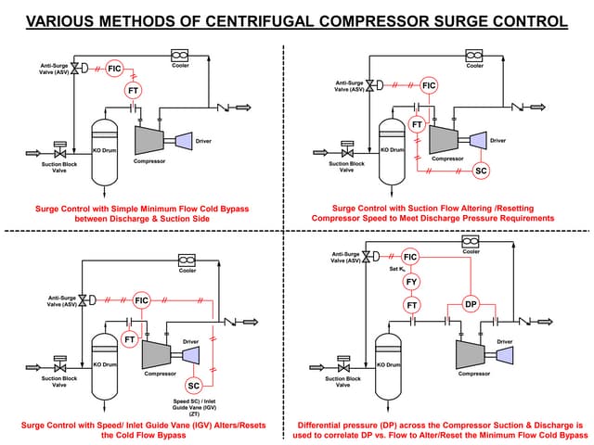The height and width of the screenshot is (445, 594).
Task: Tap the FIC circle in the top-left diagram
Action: (x=115, y=69)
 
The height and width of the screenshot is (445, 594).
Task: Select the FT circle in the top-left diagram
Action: (x=134, y=90)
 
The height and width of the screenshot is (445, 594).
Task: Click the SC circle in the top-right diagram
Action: (x=481, y=171)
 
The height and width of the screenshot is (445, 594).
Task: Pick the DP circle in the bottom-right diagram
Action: (x=471, y=304)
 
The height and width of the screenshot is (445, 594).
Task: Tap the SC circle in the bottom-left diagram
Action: (x=194, y=385)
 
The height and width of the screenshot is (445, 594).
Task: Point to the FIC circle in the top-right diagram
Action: (x=428, y=86)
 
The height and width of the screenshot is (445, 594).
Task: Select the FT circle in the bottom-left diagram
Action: (x=130, y=339)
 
